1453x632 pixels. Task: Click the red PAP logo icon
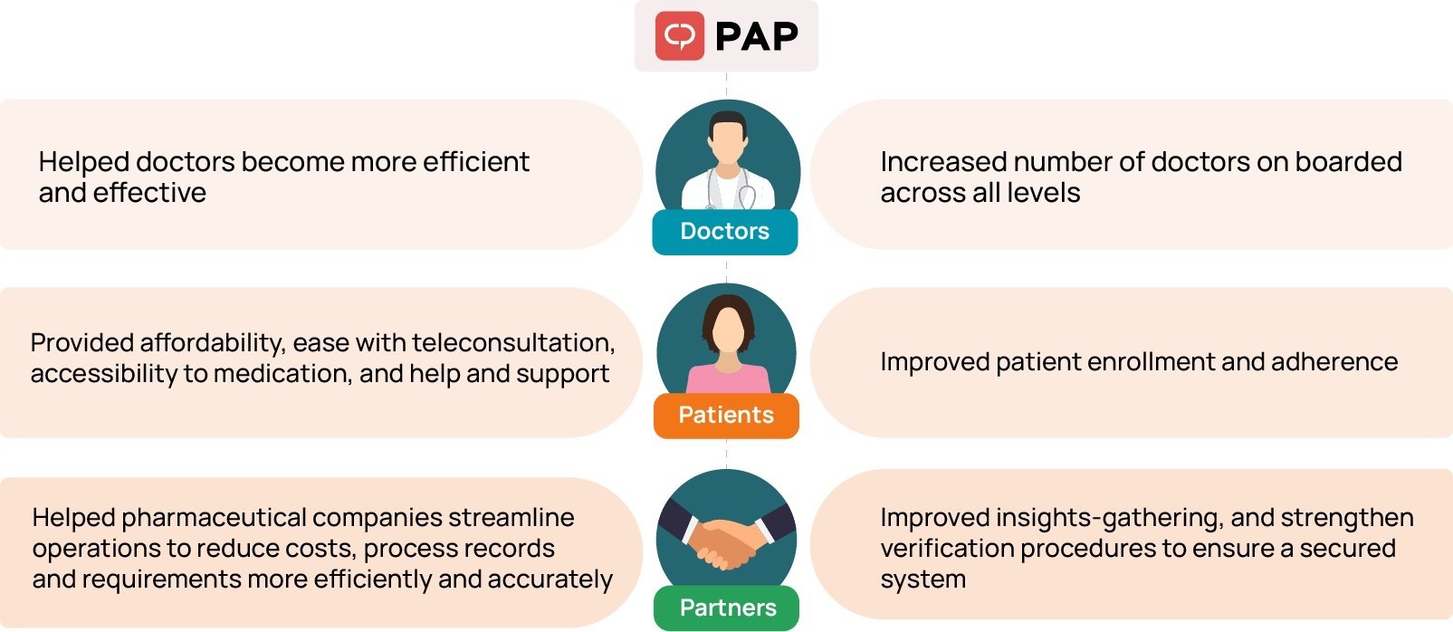(679, 35)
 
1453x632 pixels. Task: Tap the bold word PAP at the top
(756, 36)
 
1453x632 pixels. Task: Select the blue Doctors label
(725, 232)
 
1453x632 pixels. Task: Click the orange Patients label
(726, 416)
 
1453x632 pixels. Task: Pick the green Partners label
(727, 608)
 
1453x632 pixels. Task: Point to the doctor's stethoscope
(731, 189)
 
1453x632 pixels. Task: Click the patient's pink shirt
(728, 379)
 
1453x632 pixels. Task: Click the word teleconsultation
(513, 342)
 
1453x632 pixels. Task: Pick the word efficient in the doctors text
(476, 162)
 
